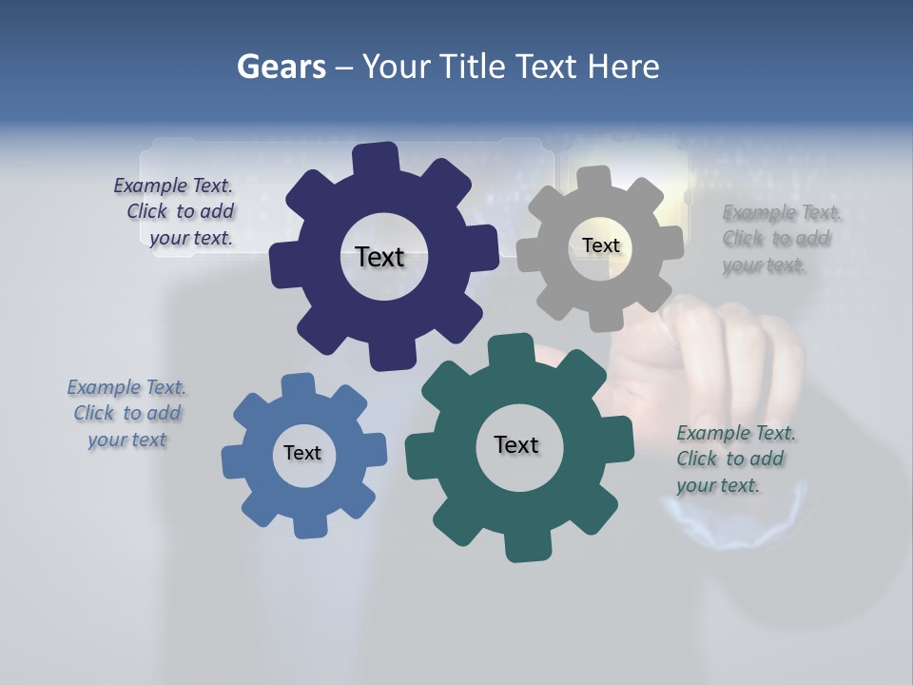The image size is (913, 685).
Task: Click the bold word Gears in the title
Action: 281,67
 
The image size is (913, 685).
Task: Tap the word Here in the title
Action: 624,67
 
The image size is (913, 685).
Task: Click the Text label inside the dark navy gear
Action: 379,257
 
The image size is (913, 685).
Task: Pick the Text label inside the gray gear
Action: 600,245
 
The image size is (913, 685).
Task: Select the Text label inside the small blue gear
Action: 302,453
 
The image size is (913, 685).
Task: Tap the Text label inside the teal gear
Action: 516,444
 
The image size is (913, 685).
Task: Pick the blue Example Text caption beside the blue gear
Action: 126,413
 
